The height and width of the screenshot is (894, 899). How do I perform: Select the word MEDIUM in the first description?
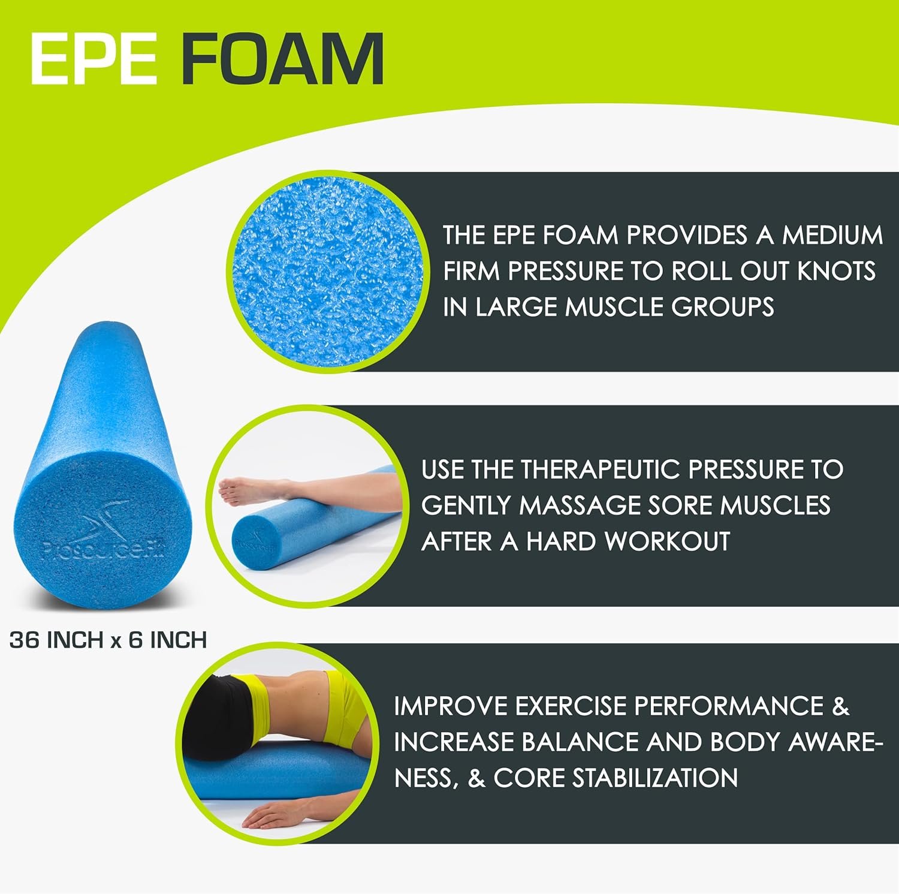click(832, 234)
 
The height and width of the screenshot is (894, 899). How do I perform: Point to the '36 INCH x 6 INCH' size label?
click(108, 640)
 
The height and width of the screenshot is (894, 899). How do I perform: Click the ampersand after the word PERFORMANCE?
click(841, 706)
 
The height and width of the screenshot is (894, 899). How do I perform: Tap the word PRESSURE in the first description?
click(563, 271)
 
